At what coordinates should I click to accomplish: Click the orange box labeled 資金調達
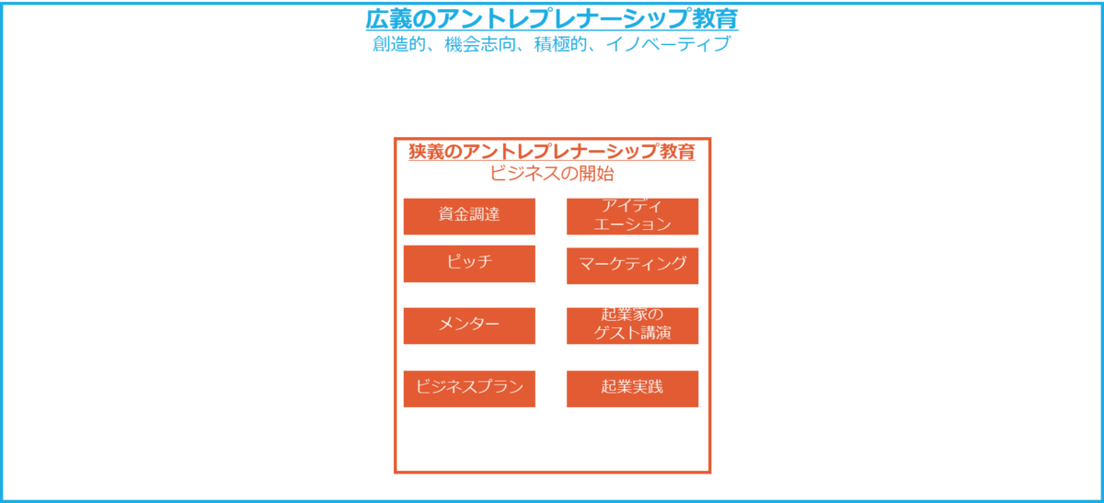pyautogui.click(x=469, y=216)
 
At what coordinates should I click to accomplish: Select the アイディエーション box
pyautogui.click(x=632, y=216)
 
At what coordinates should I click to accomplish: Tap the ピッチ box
pyautogui.click(x=469, y=263)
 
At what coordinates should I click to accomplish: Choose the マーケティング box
pyautogui.click(x=632, y=265)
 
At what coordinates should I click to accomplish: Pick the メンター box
pyautogui.click(x=469, y=326)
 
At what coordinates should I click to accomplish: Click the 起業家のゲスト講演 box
pyautogui.click(x=632, y=326)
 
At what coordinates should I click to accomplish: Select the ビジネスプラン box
pyautogui.click(x=469, y=388)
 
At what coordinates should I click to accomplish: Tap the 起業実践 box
pyautogui.click(x=632, y=388)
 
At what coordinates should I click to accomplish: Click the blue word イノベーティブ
pyautogui.click(x=668, y=45)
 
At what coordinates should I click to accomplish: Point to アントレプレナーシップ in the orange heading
pyautogui.click(x=557, y=153)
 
